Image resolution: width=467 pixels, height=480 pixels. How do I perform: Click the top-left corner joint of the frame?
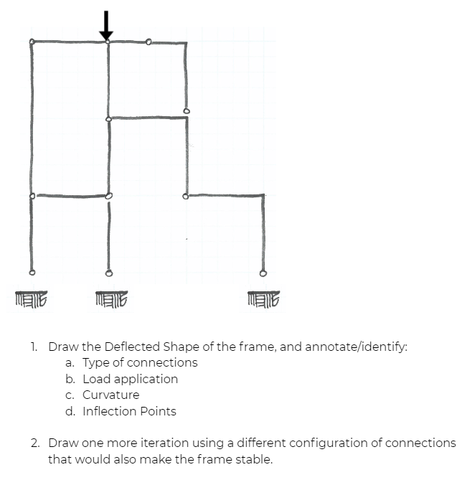click(32, 42)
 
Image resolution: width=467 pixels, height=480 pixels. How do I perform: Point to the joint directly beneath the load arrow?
click(108, 42)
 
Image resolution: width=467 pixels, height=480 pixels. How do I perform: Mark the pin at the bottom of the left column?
click(31, 273)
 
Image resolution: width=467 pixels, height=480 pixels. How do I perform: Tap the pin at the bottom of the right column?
click(263, 273)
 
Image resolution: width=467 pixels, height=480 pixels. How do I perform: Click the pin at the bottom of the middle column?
click(109, 273)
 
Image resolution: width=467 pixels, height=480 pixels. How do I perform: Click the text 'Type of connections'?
click(140, 362)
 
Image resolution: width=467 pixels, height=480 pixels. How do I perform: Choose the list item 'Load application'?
click(130, 379)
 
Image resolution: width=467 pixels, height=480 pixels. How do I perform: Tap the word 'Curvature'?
click(111, 395)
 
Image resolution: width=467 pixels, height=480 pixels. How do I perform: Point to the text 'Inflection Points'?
click(129, 411)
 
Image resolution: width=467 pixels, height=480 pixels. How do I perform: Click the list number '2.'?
click(35, 443)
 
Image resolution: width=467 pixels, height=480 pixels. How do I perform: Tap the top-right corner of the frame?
click(187, 42)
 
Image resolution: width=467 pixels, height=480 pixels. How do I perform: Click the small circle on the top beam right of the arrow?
click(148, 42)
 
